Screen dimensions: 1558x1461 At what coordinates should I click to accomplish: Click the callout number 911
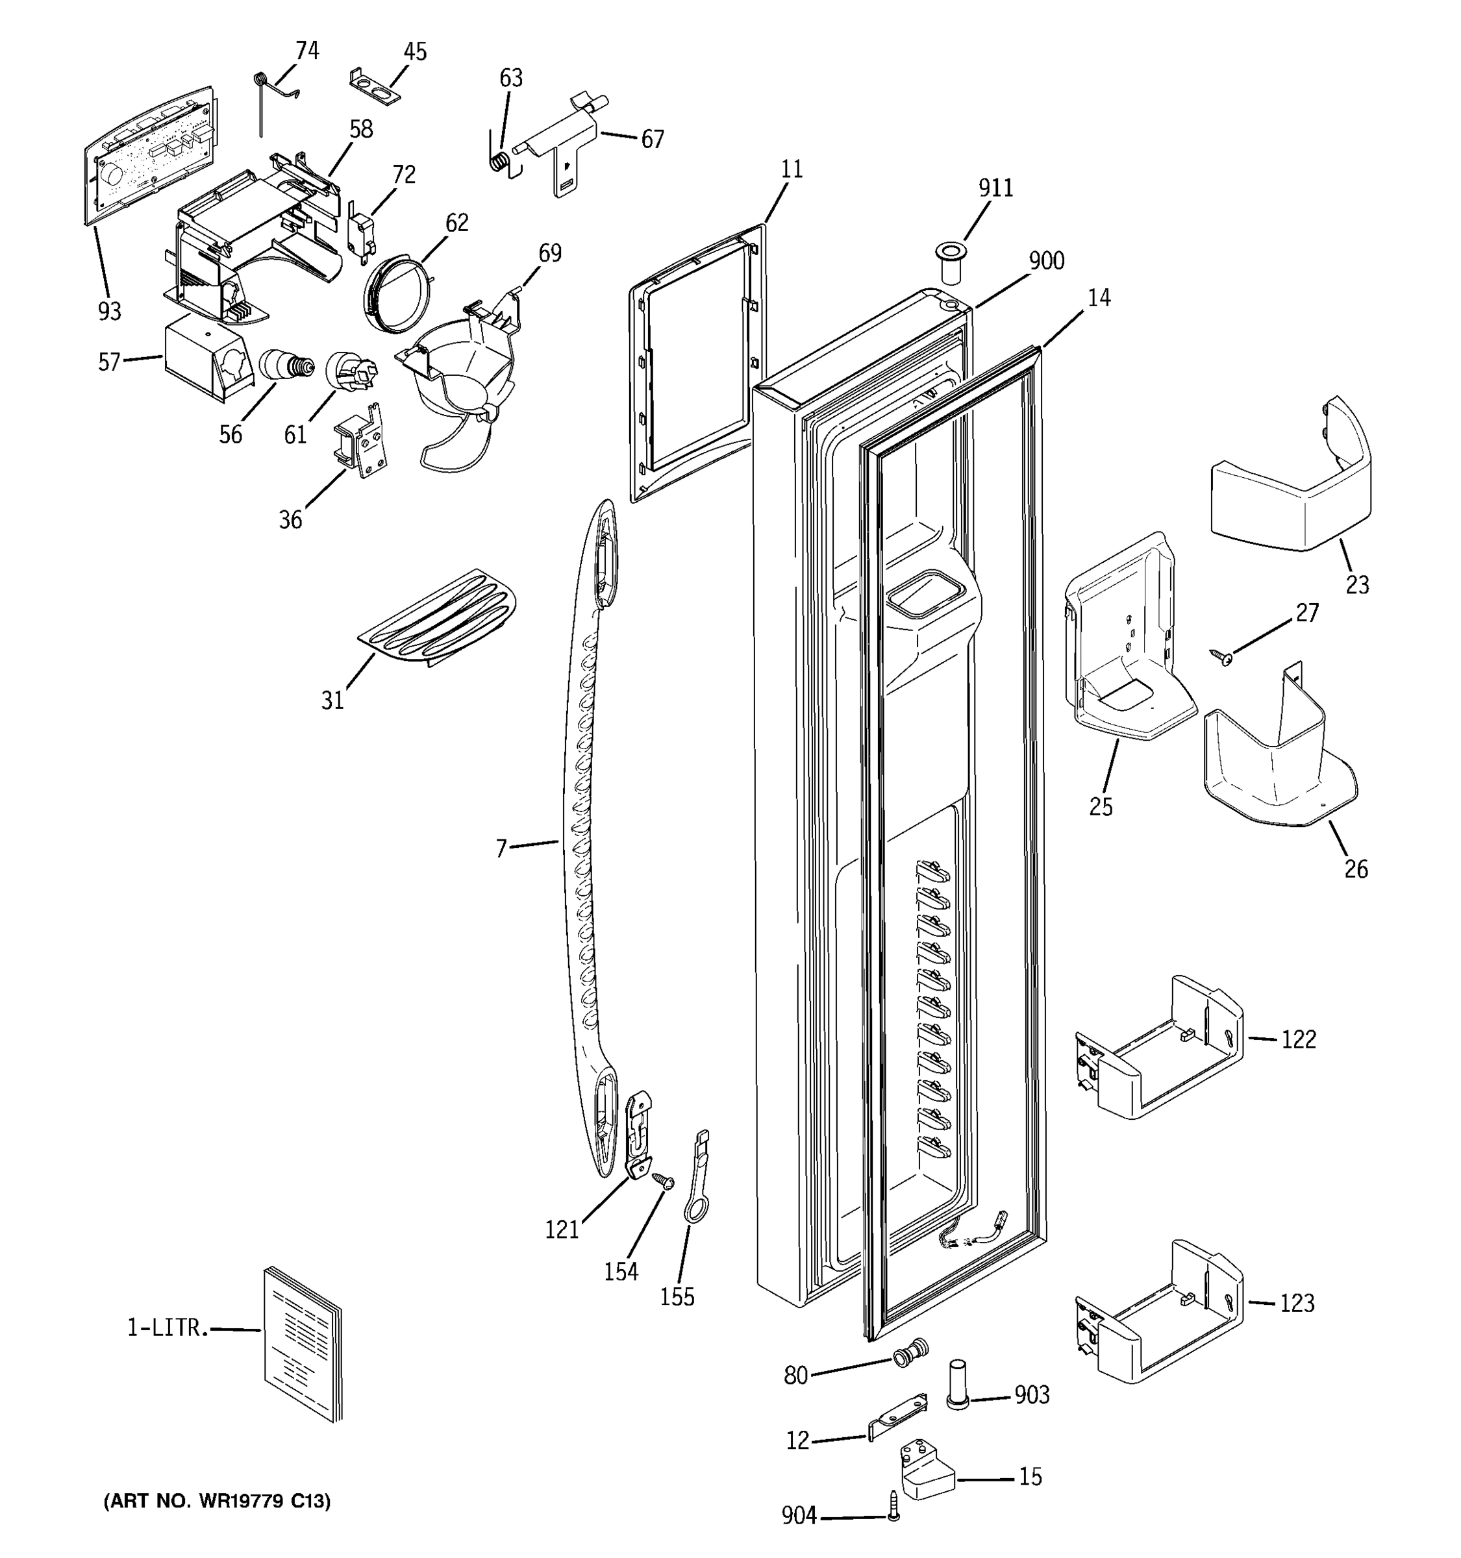pyautogui.click(x=995, y=188)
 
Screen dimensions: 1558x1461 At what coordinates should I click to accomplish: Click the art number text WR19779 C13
pyautogui.click(x=217, y=1501)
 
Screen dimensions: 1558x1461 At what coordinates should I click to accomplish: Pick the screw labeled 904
pyautogui.click(x=894, y=1515)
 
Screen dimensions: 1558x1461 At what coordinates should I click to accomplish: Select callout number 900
pyautogui.click(x=1045, y=261)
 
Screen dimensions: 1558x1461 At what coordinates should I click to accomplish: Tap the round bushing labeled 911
pyautogui.click(x=950, y=264)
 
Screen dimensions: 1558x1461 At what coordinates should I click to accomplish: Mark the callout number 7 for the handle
pyautogui.click(x=502, y=848)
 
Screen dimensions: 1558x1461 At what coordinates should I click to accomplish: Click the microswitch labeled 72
pyautogui.click(x=361, y=232)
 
